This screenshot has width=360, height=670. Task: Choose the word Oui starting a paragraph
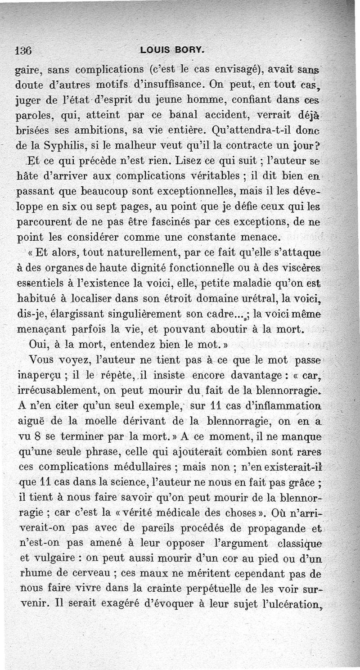[37, 345]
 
